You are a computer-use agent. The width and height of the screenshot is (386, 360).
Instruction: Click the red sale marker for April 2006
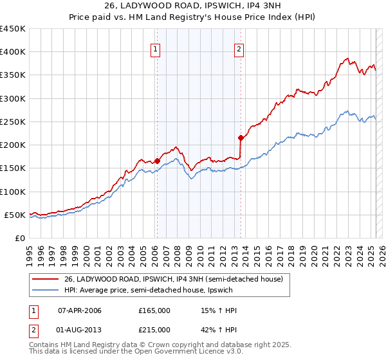point(157,161)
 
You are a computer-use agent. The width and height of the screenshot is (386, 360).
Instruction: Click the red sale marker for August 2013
point(241,138)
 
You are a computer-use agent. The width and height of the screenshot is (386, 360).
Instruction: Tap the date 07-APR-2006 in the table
point(80,310)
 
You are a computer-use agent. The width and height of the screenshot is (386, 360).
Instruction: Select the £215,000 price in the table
point(154,329)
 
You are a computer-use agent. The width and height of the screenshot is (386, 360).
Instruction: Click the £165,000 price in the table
point(154,310)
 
